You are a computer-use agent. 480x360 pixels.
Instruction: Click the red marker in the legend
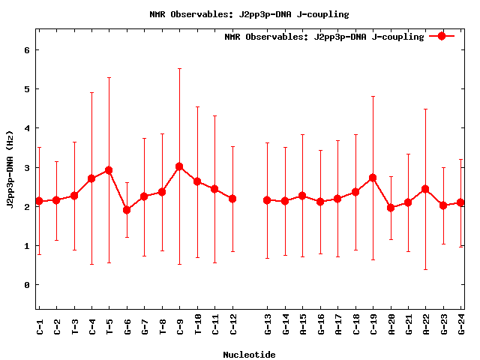coord(442,36)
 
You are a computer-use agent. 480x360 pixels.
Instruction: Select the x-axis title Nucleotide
coord(248,355)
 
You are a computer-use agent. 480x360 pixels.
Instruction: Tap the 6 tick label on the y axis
coord(27,50)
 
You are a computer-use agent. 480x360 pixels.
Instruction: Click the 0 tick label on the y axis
coord(27,285)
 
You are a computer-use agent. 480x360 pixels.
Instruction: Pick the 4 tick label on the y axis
coord(27,128)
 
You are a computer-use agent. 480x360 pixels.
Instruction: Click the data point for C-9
coord(179,166)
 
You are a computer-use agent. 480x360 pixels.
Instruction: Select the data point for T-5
coord(109,170)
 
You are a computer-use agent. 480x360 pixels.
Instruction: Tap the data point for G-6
coord(127,210)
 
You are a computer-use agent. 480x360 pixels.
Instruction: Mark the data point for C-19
coord(373,178)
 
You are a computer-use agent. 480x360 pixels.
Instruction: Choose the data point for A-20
coord(391,208)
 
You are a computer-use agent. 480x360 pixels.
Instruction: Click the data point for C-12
coord(232,199)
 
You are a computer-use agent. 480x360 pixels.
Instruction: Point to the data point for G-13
coord(267,200)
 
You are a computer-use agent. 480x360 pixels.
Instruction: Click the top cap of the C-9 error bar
coord(179,69)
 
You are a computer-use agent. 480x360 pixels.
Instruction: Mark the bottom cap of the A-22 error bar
coord(425,269)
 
